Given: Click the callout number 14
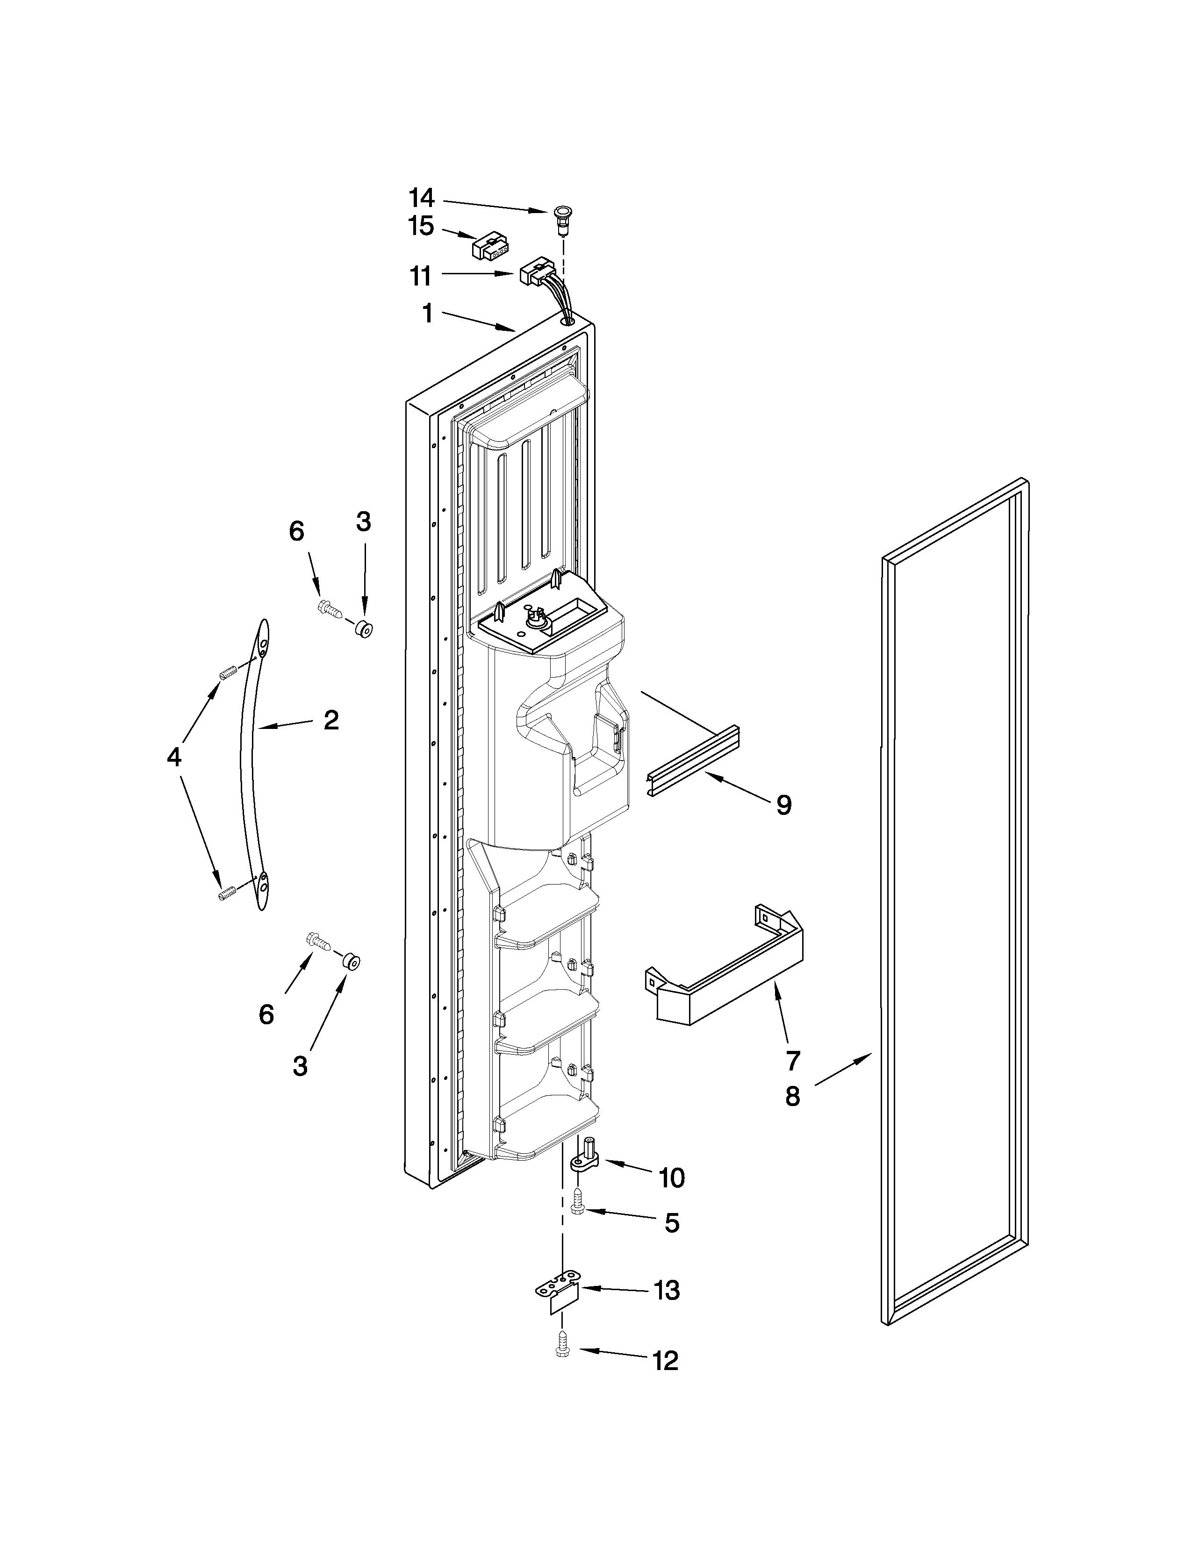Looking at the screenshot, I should (422, 197).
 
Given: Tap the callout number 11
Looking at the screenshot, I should (421, 276).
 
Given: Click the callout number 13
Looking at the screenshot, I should (667, 1291).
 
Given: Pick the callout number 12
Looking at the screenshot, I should (665, 1361).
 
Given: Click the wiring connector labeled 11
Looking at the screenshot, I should (535, 271).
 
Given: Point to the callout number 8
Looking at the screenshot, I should (792, 1096).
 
